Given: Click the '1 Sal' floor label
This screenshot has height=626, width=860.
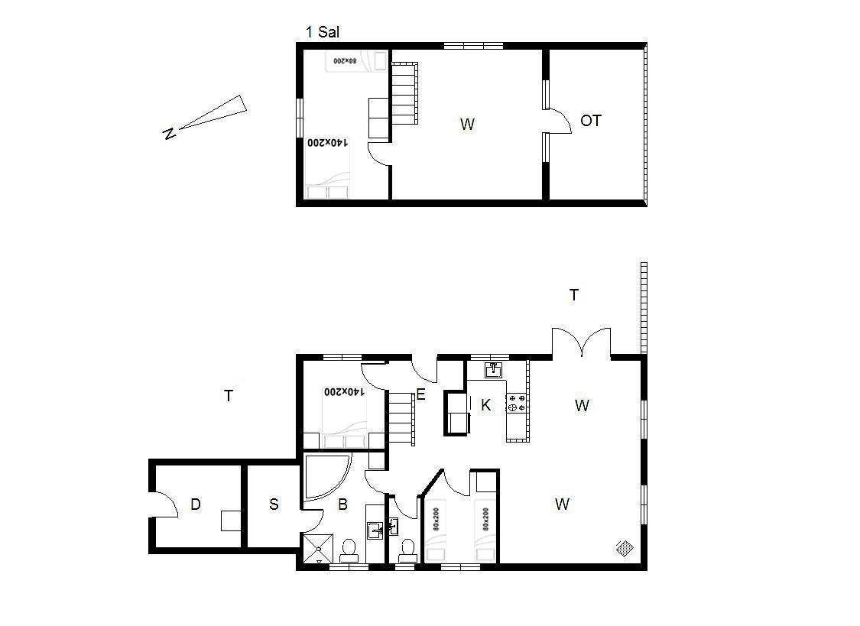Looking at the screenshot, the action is [x=323, y=32].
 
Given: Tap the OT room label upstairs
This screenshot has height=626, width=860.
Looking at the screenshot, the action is [x=591, y=121].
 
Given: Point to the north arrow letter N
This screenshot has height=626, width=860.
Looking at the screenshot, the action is [x=170, y=133].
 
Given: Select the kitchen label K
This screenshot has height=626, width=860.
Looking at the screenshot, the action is [x=485, y=405].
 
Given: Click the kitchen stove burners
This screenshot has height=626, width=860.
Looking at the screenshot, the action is [x=517, y=403].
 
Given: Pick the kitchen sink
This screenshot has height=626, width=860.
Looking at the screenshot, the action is [x=494, y=370].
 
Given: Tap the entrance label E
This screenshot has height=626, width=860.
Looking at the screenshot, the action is [x=420, y=394].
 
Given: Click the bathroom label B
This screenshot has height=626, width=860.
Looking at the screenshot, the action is [x=342, y=504].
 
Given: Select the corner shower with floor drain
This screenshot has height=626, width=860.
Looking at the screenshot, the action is [x=317, y=548].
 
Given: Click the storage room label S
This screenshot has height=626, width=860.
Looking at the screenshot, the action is [x=274, y=504].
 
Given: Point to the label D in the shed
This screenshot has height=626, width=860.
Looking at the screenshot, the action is [x=195, y=504].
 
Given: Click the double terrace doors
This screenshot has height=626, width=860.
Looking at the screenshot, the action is [x=582, y=342].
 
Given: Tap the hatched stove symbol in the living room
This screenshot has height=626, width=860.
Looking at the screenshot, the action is [x=625, y=547].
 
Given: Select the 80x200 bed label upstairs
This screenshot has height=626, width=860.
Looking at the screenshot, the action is [x=346, y=60].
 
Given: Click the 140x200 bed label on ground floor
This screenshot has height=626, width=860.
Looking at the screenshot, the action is [x=344, y=391].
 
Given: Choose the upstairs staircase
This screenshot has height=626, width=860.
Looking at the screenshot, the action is [x=404, y=93].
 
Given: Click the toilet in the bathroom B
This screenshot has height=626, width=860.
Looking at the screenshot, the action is [x=349, y=550].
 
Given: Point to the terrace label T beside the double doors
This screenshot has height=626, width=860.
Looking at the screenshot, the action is [x=573, y=295].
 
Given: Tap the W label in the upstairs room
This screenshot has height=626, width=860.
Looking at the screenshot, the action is [x=467, y=125].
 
